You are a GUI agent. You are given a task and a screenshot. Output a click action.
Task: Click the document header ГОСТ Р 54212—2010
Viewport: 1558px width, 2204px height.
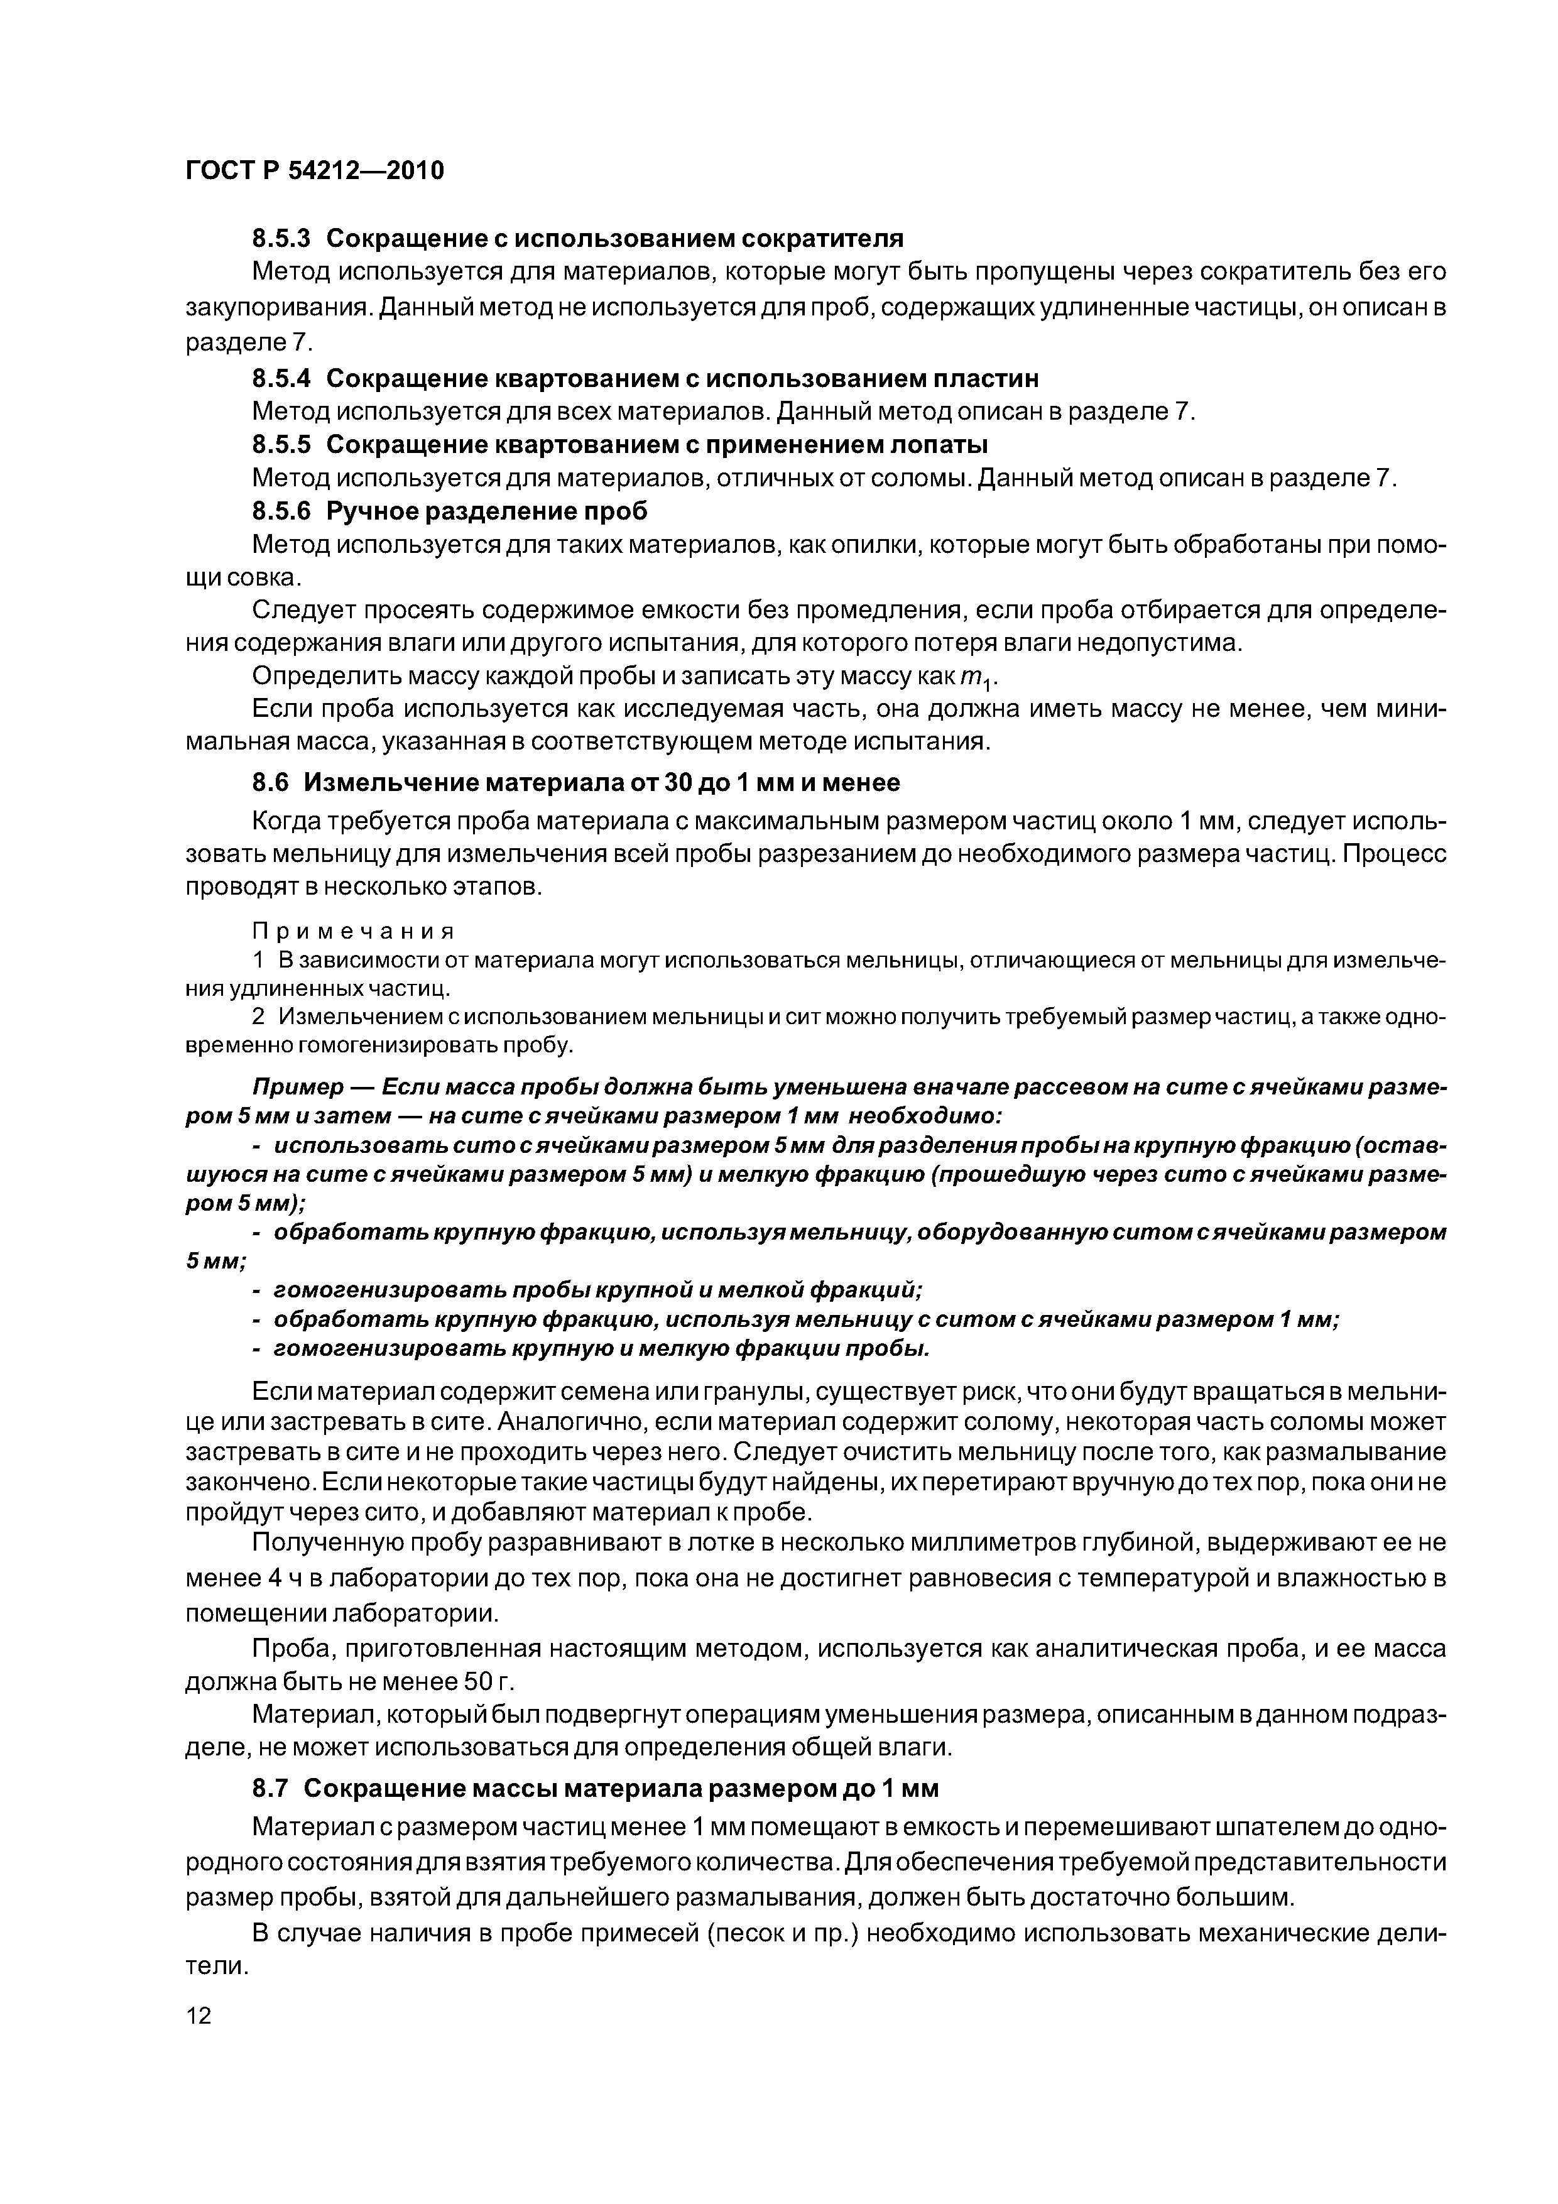tap(314, 171)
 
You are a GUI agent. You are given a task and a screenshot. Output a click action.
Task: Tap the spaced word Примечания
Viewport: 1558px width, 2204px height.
tap(352, 931)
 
